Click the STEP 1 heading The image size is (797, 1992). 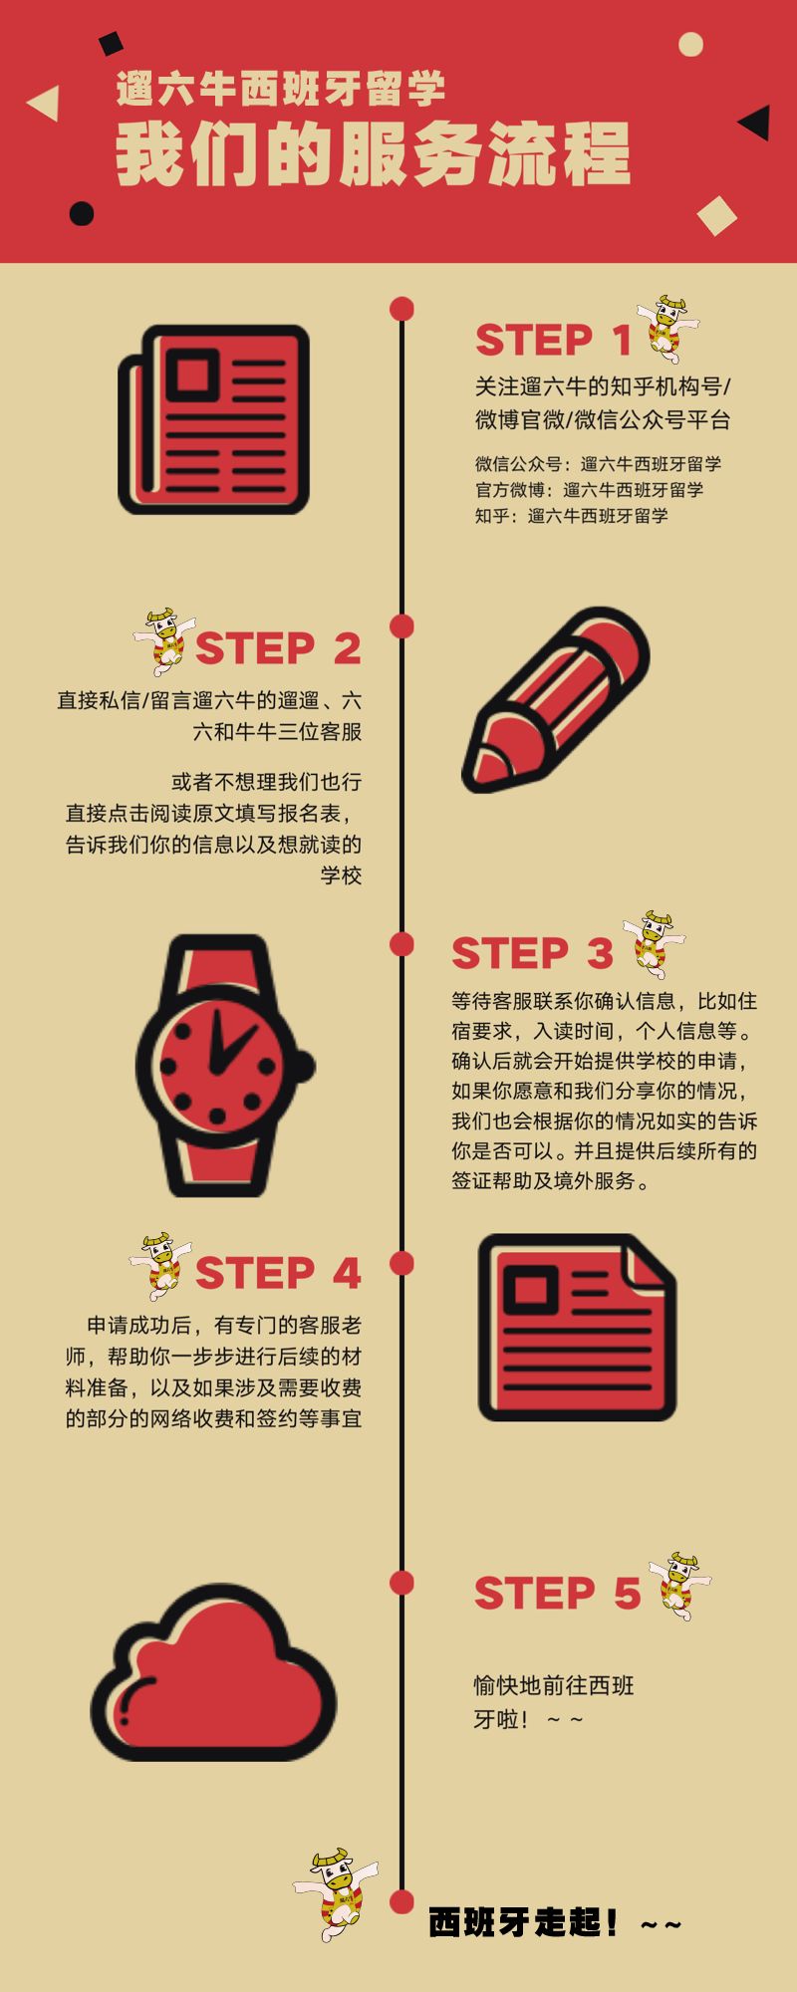[553, 341]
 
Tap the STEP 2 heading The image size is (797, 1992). [278, 649]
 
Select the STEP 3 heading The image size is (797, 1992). [532, 954]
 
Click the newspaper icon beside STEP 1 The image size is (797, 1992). [214, 419]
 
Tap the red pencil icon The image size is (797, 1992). [555, 699]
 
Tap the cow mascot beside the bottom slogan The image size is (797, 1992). [336, 1892]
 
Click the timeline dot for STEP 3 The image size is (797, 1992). [401, 943]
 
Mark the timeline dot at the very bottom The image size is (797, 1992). [401, 1900]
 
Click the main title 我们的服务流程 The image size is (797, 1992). [374, 154]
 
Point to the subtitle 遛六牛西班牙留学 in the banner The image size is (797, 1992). [281, 90]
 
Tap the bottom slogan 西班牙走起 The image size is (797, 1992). [555, 1922]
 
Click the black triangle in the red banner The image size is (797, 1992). [755, 122]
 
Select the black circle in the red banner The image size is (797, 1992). [82, 213]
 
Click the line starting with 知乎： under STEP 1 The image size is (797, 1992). [572, 516]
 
